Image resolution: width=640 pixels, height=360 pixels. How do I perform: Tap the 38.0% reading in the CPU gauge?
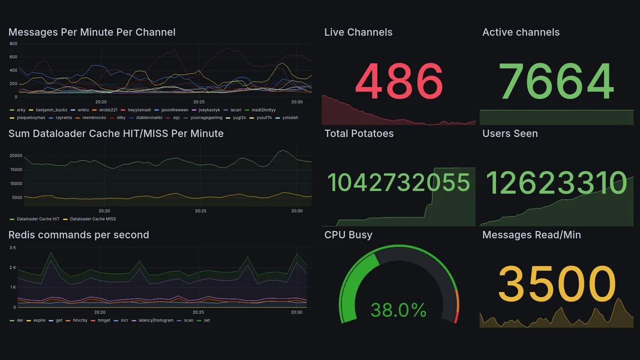[398, 310]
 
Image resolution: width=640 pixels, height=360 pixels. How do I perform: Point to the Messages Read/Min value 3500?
[556, 284]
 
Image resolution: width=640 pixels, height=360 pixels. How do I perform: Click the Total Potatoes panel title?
[359, 133]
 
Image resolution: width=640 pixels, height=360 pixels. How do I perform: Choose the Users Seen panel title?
[510, 133]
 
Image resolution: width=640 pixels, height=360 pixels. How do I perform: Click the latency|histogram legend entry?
[156, 320]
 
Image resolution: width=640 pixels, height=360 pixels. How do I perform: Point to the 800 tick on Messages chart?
[13, 43]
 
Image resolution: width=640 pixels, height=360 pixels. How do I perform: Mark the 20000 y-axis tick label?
[16, 156]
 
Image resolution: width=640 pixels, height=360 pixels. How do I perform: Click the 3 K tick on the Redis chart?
[13, 247]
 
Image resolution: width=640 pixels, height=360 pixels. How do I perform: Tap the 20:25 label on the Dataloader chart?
[200, 211]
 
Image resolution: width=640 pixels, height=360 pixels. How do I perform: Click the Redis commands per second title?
[78, 235]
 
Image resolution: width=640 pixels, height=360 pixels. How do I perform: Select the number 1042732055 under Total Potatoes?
[398, 182]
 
